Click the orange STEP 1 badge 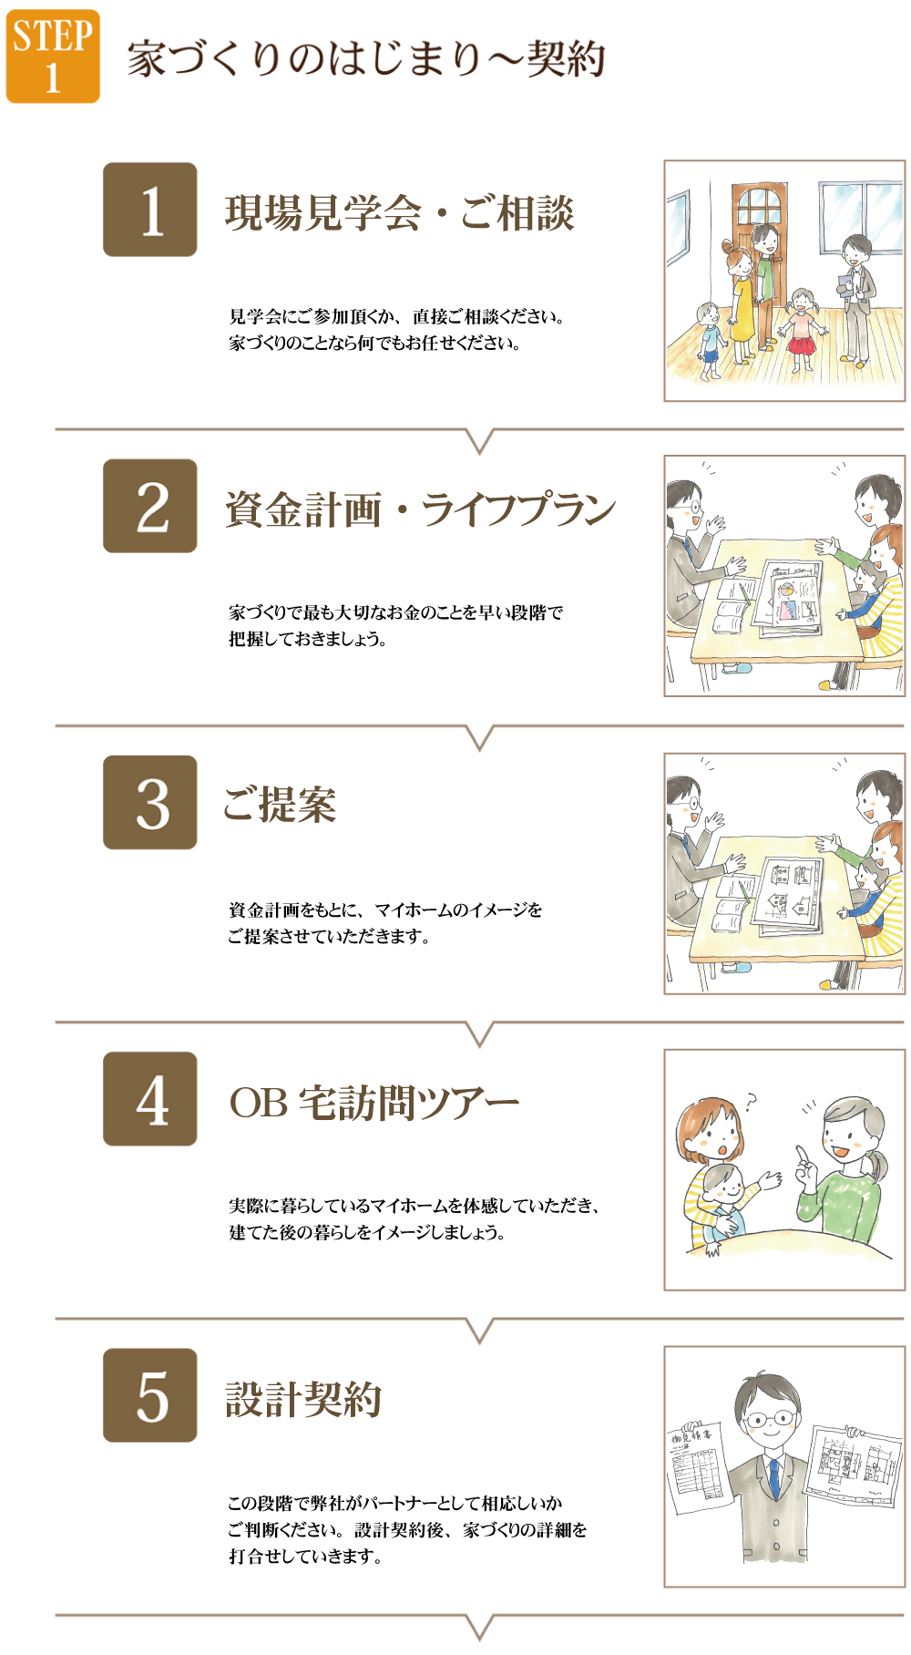53,57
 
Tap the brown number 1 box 150,210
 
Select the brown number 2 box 150,506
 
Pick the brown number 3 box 150,802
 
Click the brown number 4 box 150,1098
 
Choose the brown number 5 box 150,1395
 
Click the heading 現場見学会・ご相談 400,213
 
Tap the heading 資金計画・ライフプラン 421,509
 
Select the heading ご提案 280,805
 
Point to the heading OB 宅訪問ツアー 374,1103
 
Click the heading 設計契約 303,1399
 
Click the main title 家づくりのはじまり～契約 366,58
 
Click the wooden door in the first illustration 759,264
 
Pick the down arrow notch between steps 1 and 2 479,441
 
